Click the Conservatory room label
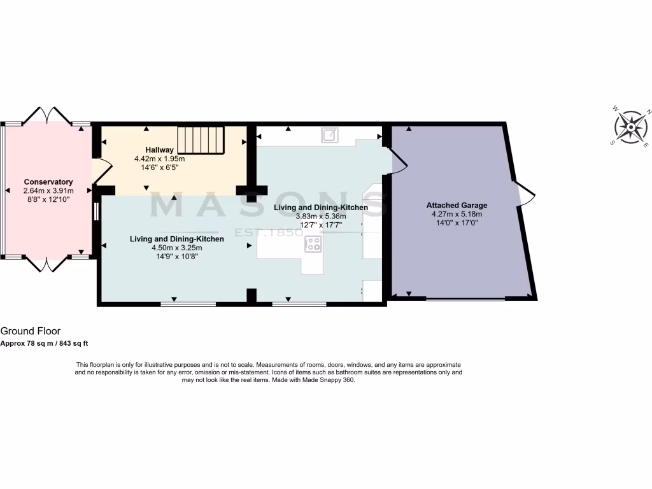pyautogui.click(x=48, y=181)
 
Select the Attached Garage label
pyautogui.click(x=457, y=206)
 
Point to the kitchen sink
pyautogui.click(x=330, y=134)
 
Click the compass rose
pyautogui.click(x=631, y=127)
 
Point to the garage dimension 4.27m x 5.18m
pyautogui.click(x=457, y=215)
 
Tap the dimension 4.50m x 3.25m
pyautogui.click(x=176, y=248)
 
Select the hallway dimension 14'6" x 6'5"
pyautogui.click(x=159, y=167)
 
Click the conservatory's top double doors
pyautogui.click(x=48, y=115)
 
